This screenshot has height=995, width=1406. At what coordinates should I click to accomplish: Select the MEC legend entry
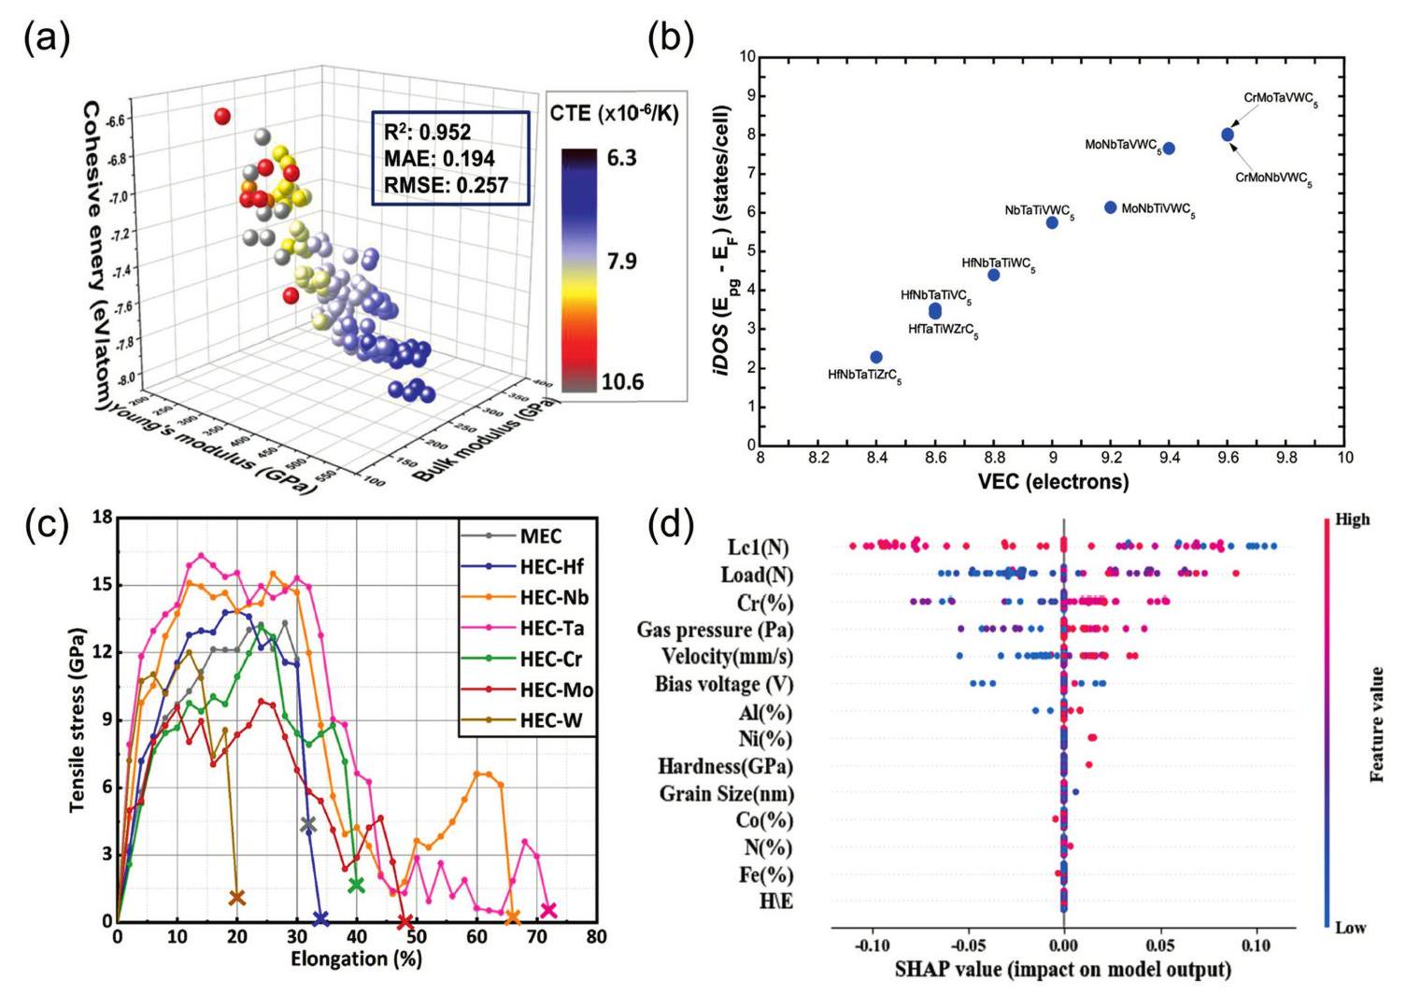click(x=541, y=535)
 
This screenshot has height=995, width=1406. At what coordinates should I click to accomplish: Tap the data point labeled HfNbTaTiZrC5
click(x=876, y=357)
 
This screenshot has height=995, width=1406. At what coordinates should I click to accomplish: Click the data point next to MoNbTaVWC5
click(x=1169, y=149)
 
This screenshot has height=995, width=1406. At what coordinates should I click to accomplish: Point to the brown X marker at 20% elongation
click(x=237, y=898)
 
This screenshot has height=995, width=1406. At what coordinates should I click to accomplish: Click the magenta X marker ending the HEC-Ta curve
click(x=548, y=910)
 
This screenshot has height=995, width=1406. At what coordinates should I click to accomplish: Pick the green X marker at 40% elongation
click(x=356, y=885)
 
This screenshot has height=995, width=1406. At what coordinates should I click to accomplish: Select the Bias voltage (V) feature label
click(x=724, y=685)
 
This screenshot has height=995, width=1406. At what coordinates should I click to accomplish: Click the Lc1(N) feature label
click(x=758, y=547)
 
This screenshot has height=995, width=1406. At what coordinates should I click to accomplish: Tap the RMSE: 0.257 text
click(x=446, y=185)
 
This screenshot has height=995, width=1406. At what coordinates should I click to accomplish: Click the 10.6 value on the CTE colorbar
click(x=622, y=381)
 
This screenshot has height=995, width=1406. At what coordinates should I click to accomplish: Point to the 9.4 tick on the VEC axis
click(x=1170, y=458)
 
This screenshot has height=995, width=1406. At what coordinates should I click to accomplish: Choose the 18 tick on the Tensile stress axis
click(x=101, y=518)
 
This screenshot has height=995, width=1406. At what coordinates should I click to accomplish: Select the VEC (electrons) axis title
click(x=1053, y=482)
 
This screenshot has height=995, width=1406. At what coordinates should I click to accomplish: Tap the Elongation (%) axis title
click(x=356, y=959)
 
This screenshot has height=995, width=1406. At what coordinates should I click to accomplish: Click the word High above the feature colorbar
click(x=1352, y=519)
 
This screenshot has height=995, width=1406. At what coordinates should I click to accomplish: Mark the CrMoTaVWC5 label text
click(x=1280, y=98)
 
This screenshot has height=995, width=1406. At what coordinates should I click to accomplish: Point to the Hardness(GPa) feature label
click(x=726, y=767)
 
